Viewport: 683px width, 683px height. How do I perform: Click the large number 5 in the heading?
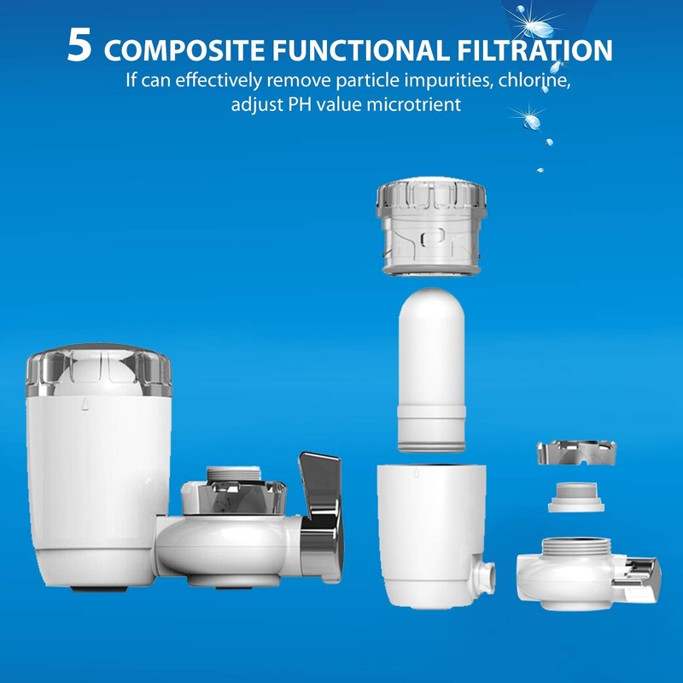tap(79, 46)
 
